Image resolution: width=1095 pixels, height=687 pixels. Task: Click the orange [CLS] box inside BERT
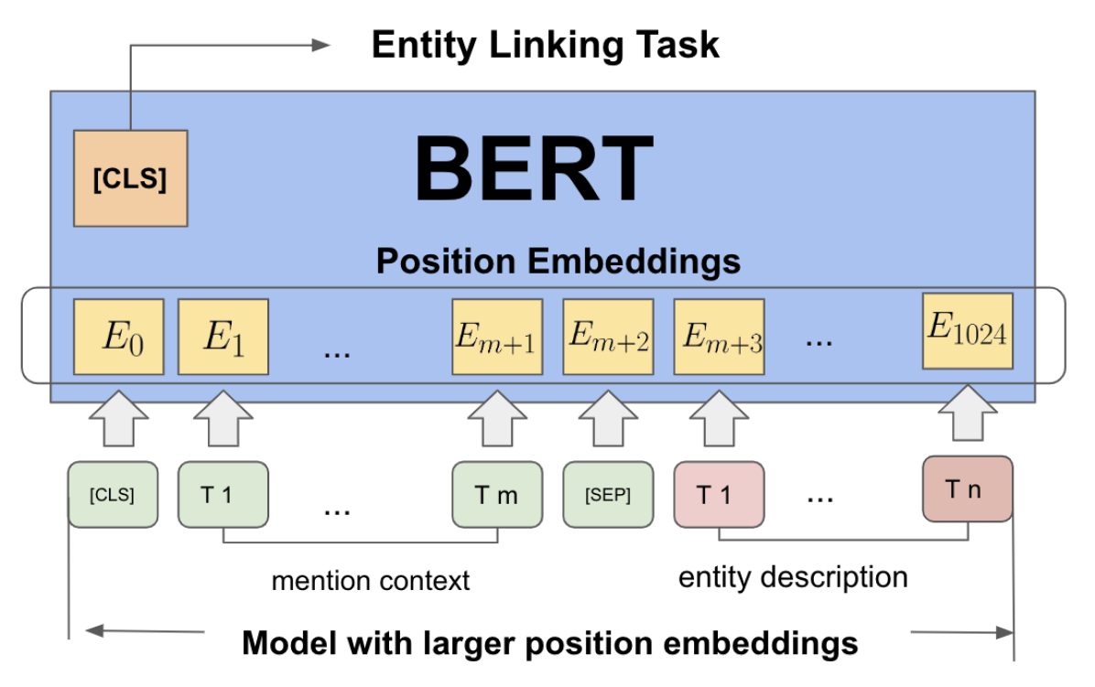point(131,177)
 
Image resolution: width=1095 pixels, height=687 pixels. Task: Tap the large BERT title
point(535,169)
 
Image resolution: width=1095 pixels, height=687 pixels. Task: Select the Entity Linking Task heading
point(545,46)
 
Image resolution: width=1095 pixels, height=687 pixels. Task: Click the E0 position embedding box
point(119,337)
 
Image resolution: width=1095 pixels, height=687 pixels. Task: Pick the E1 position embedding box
point(223,337)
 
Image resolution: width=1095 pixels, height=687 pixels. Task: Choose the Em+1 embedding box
point(497,337)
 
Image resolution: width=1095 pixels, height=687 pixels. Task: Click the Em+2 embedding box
point(608,337)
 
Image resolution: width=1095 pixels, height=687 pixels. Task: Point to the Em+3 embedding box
point(720,337)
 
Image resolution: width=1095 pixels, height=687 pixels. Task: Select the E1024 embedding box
point(968,330)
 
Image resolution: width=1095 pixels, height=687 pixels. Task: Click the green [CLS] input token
point(113,495)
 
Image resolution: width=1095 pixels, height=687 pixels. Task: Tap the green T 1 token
point(223,495)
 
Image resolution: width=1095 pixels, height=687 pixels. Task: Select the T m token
point(497,495)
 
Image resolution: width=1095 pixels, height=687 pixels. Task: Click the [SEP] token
point(608,495)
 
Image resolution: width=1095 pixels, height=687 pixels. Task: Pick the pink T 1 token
point(720,495)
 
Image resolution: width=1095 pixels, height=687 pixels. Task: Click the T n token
point(968,488)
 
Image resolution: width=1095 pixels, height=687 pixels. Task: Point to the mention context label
point(371,580)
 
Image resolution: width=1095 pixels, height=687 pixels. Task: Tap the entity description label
point(793,577)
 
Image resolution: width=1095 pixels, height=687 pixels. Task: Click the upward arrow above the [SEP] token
point(608,418)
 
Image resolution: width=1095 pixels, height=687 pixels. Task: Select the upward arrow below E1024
point(968,413)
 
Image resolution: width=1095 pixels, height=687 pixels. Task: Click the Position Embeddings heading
point(558,262)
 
